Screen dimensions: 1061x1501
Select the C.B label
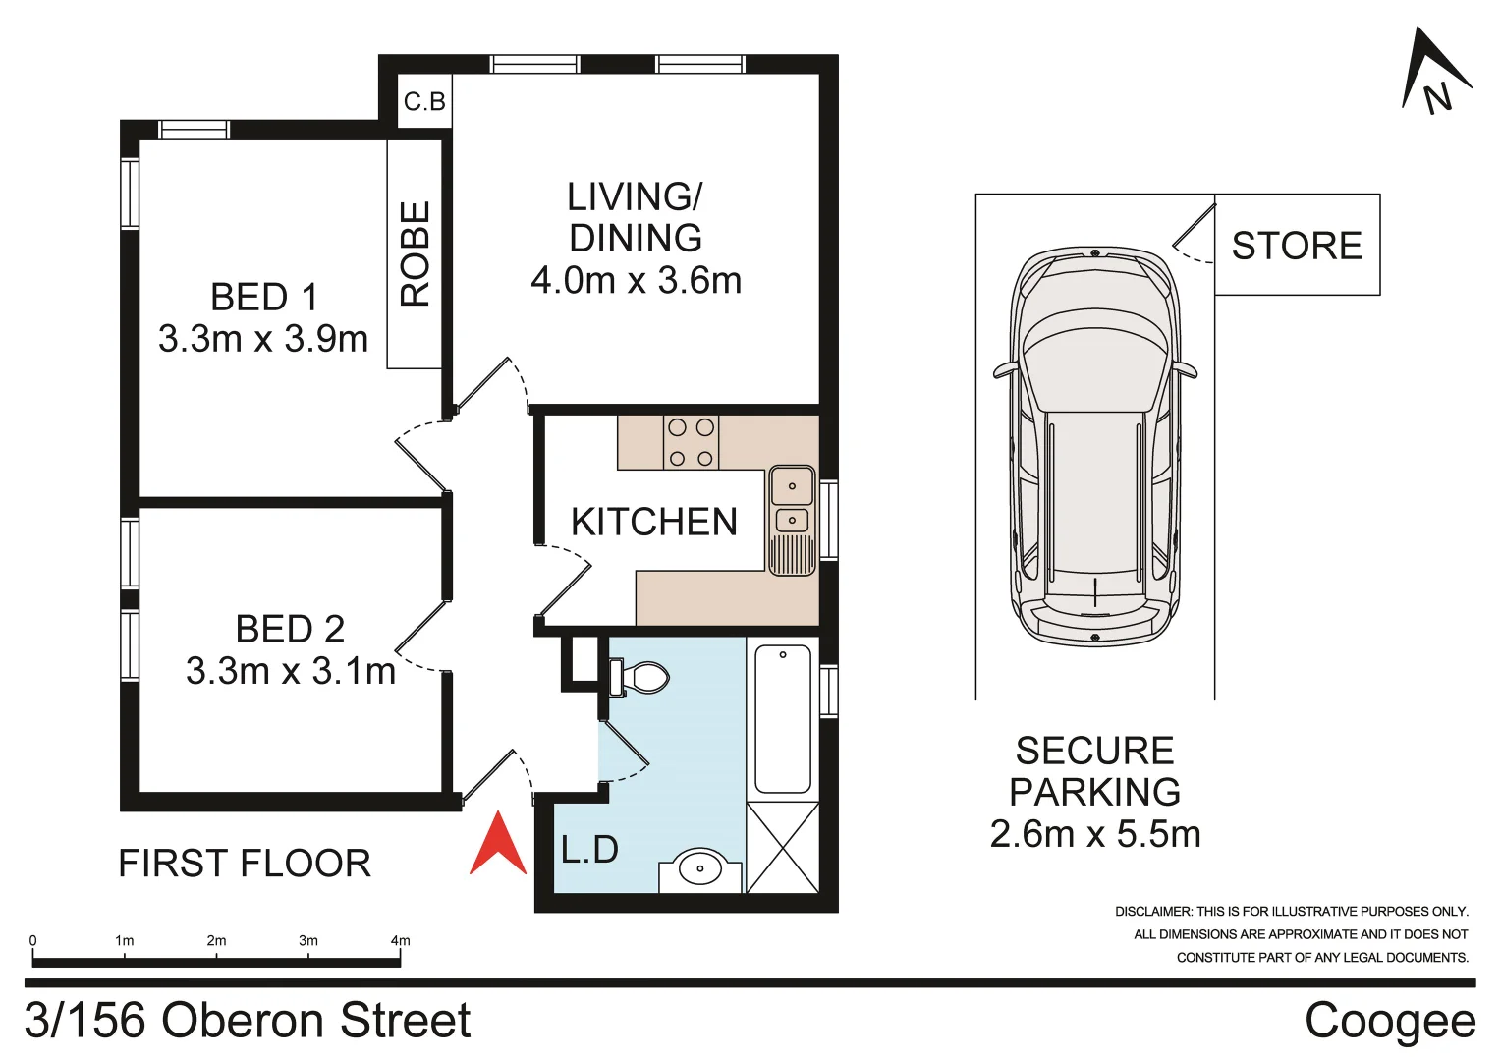(424, 101)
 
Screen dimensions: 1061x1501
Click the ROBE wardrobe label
(415, 253)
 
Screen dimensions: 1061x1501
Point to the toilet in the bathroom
(639, 677)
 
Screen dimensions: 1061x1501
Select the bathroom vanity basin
(699, 868)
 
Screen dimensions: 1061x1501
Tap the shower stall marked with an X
(782, 847)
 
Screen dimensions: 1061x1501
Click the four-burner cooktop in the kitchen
(691, 442)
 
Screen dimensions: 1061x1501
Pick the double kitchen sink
(792, 503)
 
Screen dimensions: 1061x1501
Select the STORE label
(1297, 246)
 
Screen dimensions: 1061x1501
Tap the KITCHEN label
(653, 522)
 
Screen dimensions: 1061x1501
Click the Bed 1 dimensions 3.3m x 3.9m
(263, 339)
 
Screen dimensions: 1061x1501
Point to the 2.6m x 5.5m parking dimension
(1094, 834)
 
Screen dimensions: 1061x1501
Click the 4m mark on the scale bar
(400, 941)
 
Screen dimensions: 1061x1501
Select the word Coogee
(1389, 1021)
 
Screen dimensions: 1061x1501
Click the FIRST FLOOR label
(245, 864)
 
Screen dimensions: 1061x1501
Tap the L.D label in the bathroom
(589, 850)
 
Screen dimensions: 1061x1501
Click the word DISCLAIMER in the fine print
(1153, 912)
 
